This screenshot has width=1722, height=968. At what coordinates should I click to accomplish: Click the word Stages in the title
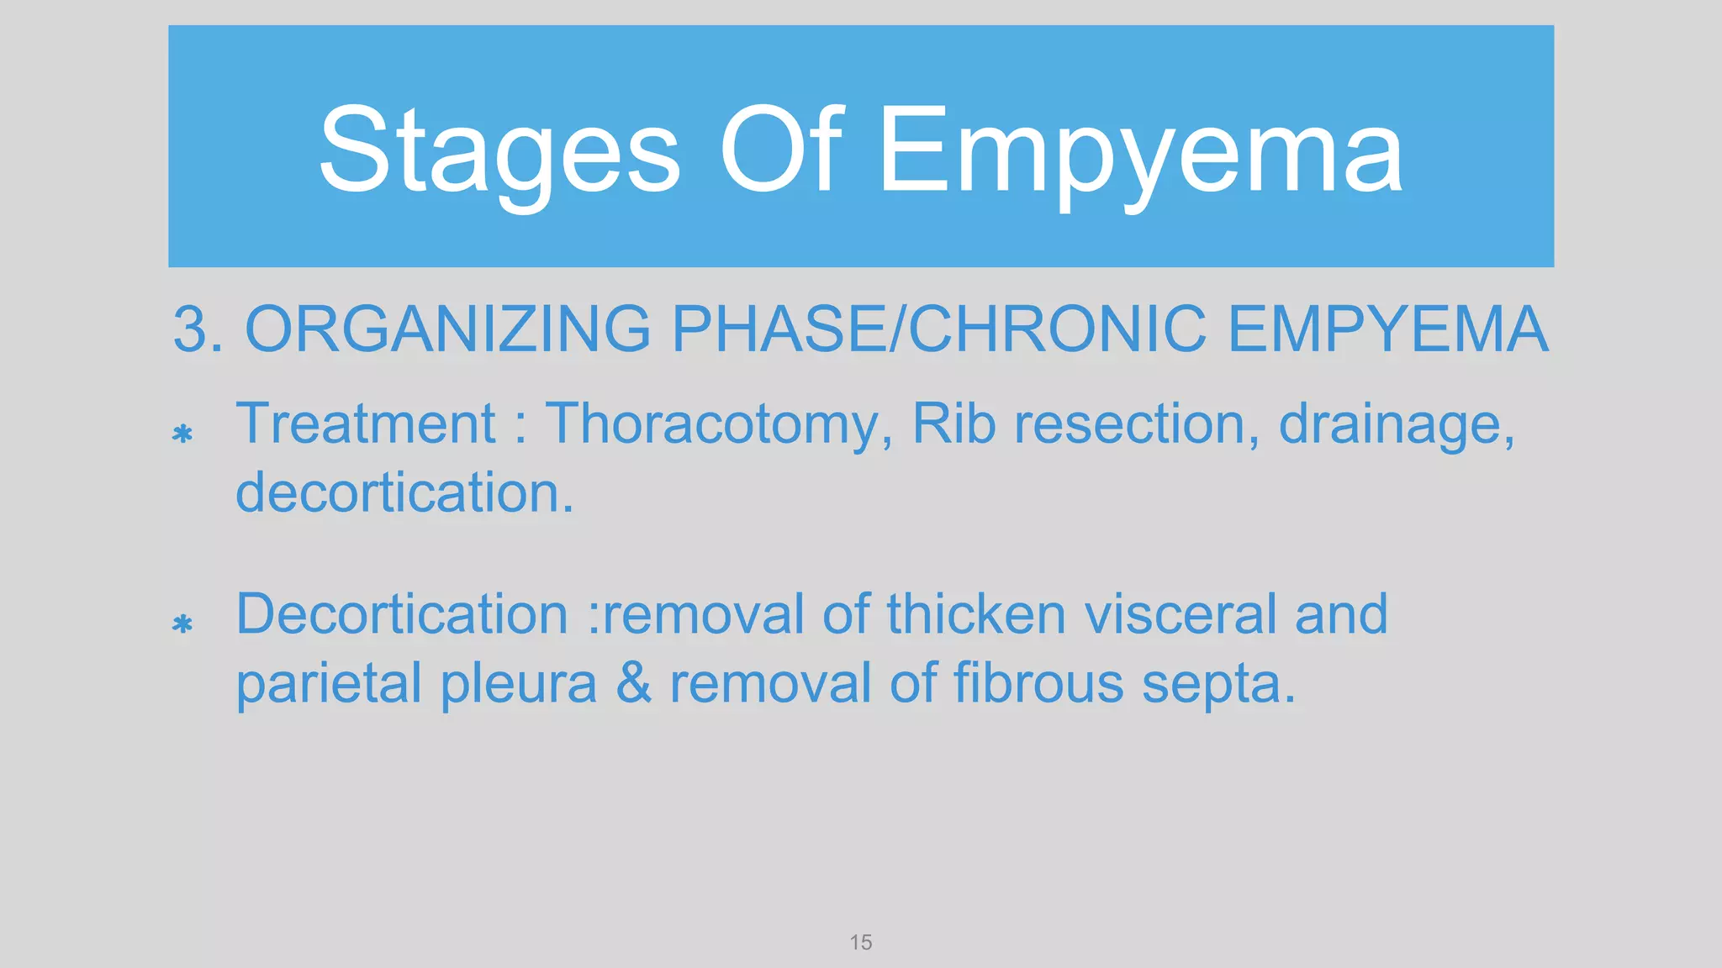coord(499,151)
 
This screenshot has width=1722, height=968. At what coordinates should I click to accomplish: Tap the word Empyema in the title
coord(1140,151)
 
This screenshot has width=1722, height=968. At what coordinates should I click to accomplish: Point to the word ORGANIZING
coord(447,329)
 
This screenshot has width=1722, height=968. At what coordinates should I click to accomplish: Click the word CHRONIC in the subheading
coord(1058,329)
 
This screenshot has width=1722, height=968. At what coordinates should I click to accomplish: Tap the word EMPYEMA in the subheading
coord(1387,329)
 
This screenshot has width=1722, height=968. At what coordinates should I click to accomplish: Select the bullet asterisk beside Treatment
coord(182,434)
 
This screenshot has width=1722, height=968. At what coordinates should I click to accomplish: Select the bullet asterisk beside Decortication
coord(182,624)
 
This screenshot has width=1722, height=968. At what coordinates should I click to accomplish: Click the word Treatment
coord(366,423)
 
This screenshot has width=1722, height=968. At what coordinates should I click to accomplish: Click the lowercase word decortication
coord(404,492)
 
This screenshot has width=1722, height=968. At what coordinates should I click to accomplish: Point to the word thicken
coord(975,614)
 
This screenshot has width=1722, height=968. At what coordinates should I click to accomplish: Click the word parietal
coord(328,684)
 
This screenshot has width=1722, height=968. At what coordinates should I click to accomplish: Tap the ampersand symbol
coord(634,682)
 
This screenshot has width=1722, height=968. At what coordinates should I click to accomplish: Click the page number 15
coord(860,942)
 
